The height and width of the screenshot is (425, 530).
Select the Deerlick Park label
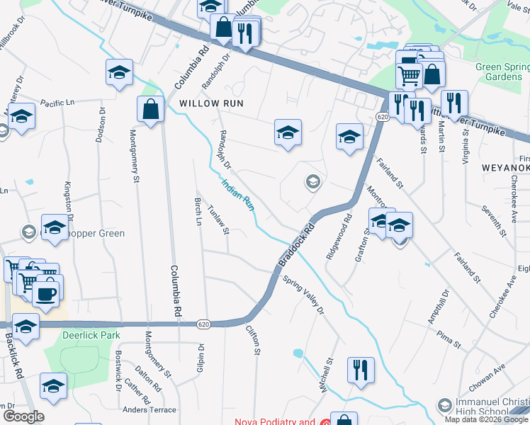pyautogui.click(x=91, y=335)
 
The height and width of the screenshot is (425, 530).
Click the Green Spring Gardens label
pyautogui.click(x=502, y=72)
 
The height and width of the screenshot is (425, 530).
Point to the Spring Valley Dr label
pyautogui.click(x=303, y=295)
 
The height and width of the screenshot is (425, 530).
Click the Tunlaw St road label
pyautogui.click(x=219, y=220)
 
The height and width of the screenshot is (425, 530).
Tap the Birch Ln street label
pyautogui.click(x=198, y=210)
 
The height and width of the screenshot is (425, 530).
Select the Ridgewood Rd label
pyautogui.click(x=337, y=237)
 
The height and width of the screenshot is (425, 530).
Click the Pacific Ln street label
pyautogui.click(x=58, y=103)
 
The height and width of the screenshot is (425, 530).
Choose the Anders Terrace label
pyautogui.click(x=150, y=409)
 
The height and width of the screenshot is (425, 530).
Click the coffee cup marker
pyautogui.click(x=47, y=295)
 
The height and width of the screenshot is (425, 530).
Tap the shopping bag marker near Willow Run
pyautogui.click(x=150, y=110)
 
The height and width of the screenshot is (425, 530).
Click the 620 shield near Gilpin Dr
pyautogui.click(x=204, y=324)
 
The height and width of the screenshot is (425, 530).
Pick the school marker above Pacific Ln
pyautogui.click(x=119, y=72)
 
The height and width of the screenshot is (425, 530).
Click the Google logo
pyautogui.click(x=23, y=416)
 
